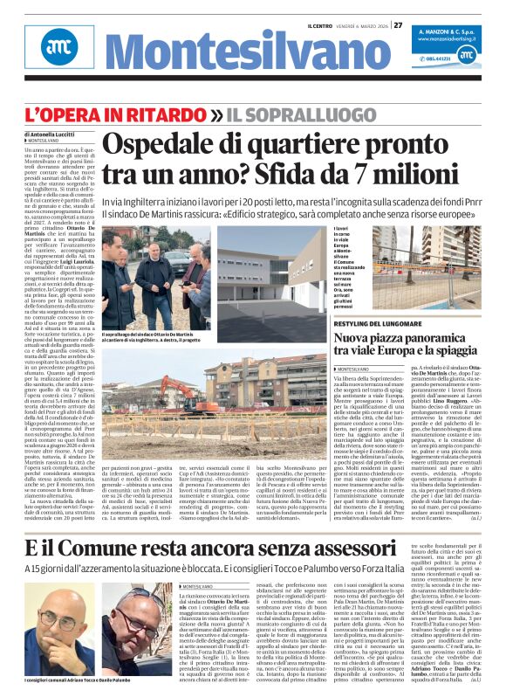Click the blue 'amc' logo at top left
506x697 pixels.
[58, 47]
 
